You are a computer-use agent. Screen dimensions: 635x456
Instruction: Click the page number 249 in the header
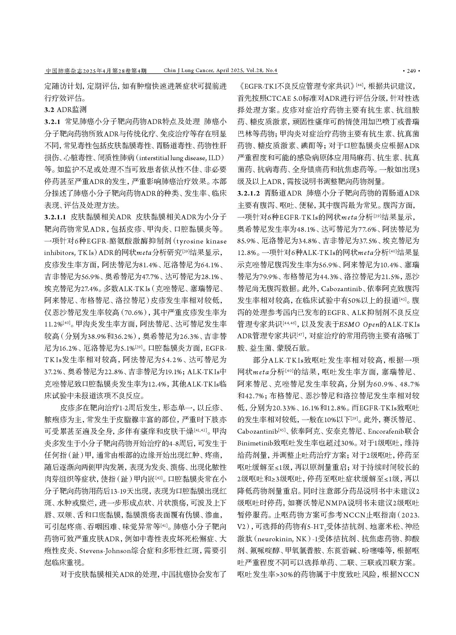(x=411, y=71)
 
